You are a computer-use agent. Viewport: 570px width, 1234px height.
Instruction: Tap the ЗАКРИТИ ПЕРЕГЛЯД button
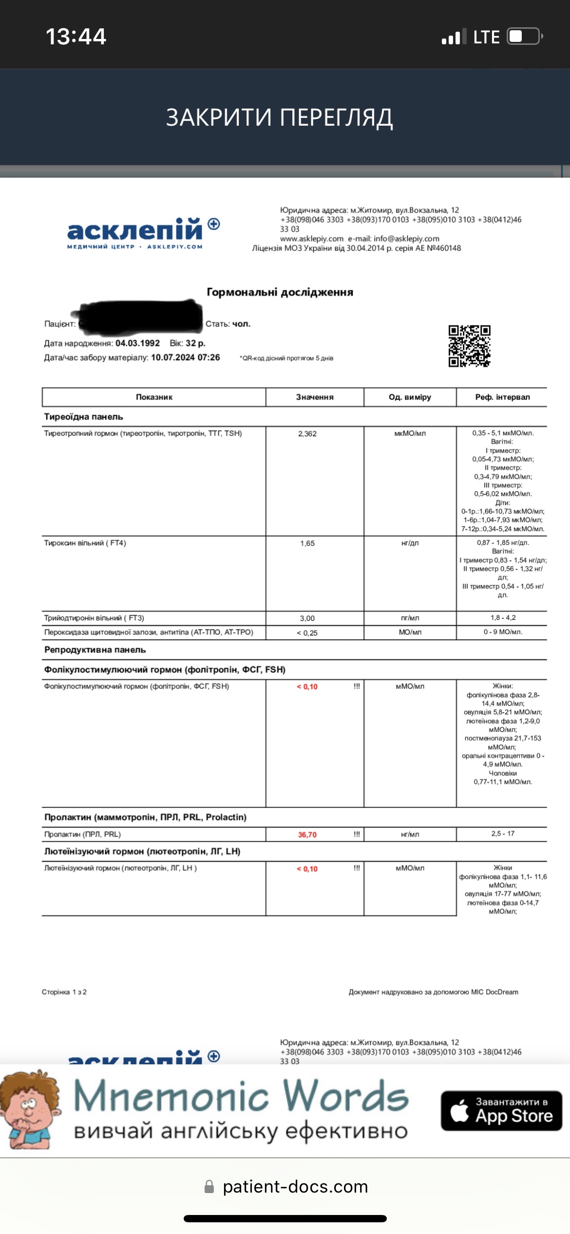[x=279, y=117]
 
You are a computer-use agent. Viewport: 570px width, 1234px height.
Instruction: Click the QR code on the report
[x=469, y=346]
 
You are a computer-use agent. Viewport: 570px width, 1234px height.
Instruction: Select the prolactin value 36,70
[x=307, y=835]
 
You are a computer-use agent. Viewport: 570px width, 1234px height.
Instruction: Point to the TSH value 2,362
[x=307, y=434]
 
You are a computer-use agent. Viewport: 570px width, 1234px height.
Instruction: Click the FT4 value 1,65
[x=307, y=543]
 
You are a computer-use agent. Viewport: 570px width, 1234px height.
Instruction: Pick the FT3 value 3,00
[x=307, y=618]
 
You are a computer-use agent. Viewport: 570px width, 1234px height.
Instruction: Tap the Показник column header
[x=154, y=397]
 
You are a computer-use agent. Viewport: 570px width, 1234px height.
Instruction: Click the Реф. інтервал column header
[x=502, y=397]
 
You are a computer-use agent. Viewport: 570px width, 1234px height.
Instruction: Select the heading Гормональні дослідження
[x=280, y=292]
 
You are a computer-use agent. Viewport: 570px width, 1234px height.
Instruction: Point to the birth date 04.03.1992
[x=137, y=343]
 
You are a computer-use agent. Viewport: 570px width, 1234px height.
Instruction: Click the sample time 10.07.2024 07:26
[x=185, y=357]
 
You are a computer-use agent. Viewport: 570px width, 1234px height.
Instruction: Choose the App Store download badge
[x=501, y=1111]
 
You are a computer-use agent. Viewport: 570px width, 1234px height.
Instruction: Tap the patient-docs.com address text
[x=295, y=1187]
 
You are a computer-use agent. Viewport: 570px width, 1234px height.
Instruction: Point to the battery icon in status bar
[x=524, y=37]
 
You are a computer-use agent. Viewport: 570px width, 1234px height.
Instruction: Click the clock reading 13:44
[x=76, y=37]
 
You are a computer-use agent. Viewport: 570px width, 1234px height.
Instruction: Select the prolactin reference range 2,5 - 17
[x=502, y=834]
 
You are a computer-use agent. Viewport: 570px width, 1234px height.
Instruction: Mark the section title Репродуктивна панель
[x=95, y=650]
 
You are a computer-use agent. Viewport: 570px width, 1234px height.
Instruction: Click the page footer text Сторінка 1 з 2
[x=64, y=992]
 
